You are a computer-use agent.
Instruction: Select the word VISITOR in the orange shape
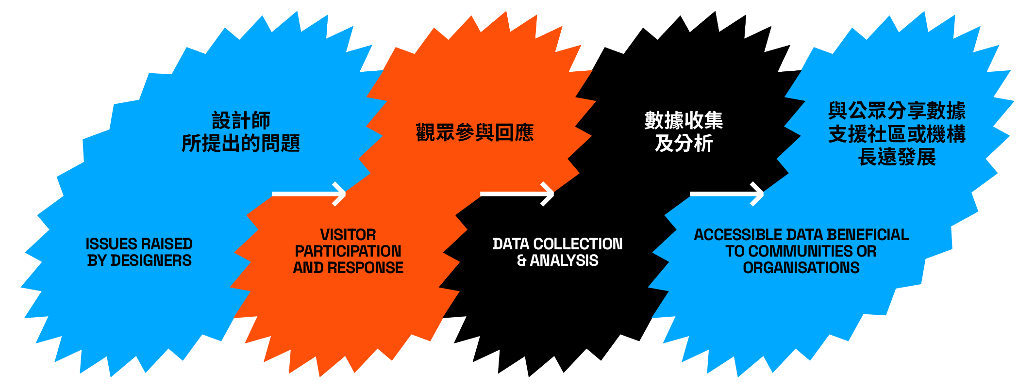coord(348,235)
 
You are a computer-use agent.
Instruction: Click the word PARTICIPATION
coord(348,251)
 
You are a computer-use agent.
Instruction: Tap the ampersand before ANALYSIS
coord(522,261)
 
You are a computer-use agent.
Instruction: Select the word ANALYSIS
coord(564,261)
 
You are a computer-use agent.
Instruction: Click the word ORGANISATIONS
coord(801,268)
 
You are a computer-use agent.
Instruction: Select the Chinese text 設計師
coord(241,121)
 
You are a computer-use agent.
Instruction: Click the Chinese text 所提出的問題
coord(241,144)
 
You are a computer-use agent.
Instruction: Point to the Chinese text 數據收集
coord(684,121)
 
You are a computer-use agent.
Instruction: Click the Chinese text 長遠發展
coord(897,157)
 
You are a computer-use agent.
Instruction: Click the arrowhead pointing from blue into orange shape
coord(340,194)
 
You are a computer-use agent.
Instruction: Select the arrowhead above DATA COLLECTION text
coord(548,194)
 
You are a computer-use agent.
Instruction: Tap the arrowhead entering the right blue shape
coord(758,194)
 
